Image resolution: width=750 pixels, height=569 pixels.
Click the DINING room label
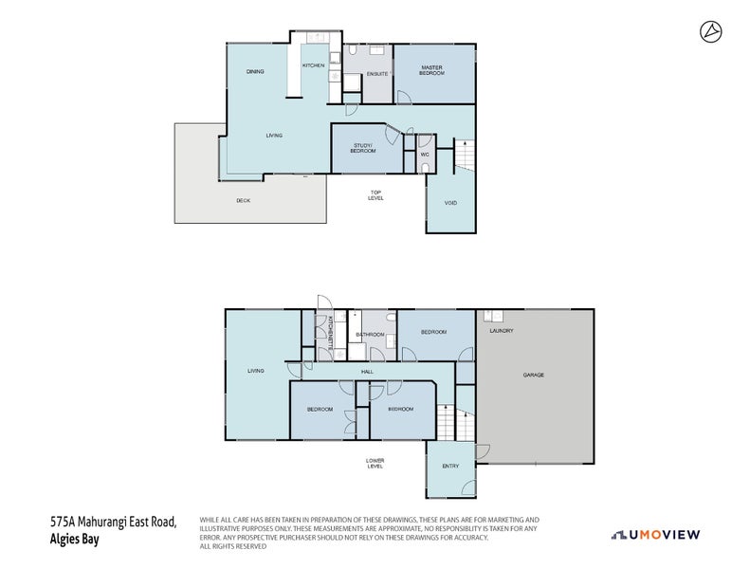point(254,71)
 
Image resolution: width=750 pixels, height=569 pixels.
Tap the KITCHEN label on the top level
point(313,65)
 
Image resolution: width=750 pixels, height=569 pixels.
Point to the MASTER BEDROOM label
point(432,70)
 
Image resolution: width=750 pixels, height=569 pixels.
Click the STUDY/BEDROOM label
point(363,148)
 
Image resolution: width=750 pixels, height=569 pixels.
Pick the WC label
point(425,154)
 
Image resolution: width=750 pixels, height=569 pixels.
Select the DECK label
point(244,200)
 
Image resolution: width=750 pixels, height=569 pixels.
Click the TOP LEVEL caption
point(375,195)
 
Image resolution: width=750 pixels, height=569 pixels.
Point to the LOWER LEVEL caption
point(375,463)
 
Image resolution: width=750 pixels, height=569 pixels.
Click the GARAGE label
point(533,375)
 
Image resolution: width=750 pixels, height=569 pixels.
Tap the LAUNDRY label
point(501,331)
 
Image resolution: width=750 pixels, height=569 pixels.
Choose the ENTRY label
point(450,466)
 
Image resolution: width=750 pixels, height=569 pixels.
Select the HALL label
point(366,372)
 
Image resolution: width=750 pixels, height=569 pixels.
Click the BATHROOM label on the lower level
point(370,335)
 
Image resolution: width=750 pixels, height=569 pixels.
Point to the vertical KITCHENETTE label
point(330,337)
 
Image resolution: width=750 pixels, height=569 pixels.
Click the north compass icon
point(711,32)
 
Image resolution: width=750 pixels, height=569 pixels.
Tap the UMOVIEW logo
point(655,535)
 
